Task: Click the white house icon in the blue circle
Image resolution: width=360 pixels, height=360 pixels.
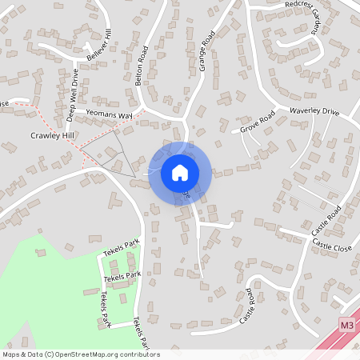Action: click(x=179, y=173)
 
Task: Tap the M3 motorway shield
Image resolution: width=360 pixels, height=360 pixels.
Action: click(x=346, y=325)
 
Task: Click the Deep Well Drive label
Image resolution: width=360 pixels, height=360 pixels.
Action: click(x=73, y=95)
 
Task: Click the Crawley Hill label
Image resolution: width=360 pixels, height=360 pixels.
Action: click(x=53, y=136)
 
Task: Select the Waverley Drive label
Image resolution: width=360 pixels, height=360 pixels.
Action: click(x=314, y=110)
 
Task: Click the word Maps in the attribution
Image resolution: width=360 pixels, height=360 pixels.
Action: click(x=12, y=354)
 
